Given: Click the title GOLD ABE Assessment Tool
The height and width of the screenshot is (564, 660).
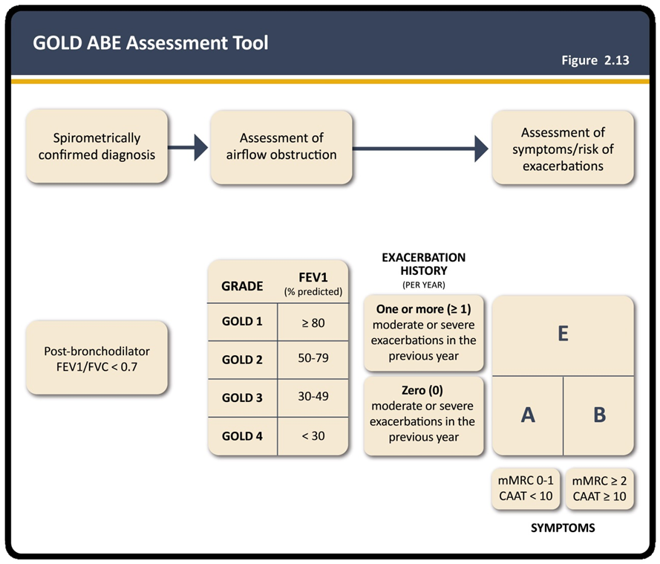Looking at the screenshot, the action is (150, 43).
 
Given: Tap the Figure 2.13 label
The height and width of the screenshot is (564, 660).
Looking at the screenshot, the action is (595, 60).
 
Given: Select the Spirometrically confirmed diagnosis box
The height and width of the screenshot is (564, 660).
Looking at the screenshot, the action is (97, 146).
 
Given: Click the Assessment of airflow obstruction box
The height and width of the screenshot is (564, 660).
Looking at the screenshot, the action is (281, 147).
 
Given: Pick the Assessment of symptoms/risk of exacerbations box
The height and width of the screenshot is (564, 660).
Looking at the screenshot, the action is (563, 147).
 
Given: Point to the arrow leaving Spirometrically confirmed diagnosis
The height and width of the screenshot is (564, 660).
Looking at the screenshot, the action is (188, 147).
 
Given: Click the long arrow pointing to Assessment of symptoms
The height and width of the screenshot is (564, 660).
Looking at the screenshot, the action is (420, 149).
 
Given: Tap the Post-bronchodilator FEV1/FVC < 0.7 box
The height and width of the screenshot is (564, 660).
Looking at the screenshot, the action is (97, 358).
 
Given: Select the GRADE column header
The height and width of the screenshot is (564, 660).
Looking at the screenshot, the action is (242, 286).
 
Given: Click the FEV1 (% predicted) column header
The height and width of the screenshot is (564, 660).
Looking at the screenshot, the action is (313, 284).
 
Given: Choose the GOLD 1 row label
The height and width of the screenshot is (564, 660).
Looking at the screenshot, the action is (242, 321).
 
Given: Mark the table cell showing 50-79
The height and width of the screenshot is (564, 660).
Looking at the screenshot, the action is (313, 358).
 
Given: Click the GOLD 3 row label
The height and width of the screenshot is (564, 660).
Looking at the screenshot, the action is (242, 398).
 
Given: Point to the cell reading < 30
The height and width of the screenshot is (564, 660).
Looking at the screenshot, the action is (313, 436).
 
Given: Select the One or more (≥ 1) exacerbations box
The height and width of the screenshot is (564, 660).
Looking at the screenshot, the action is (423, 333).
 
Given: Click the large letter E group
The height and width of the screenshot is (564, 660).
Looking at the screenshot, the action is (563, 335).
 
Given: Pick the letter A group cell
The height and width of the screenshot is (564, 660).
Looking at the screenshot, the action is (528, 415).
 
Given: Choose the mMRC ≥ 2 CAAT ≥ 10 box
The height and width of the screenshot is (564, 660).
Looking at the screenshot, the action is (599, 489).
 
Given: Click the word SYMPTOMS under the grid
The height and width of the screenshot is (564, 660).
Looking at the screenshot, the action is (563, 528).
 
